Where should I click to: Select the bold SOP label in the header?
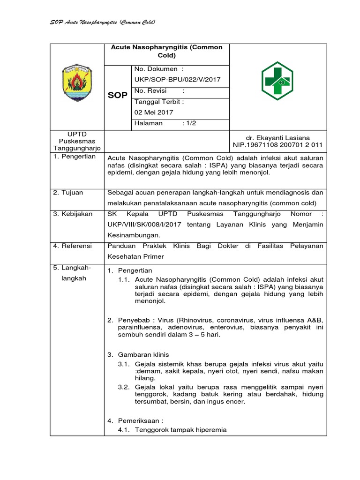[x=117, y=95]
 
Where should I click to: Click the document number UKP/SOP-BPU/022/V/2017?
[x=177, y=80]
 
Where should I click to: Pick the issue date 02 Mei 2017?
[x=154, y=112]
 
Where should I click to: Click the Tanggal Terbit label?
[x=159, y=101]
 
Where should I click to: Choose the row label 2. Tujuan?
[x=69, y=192]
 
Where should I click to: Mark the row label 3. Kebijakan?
[x=73, y=214]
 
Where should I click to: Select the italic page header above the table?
[x=103, y=22]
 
